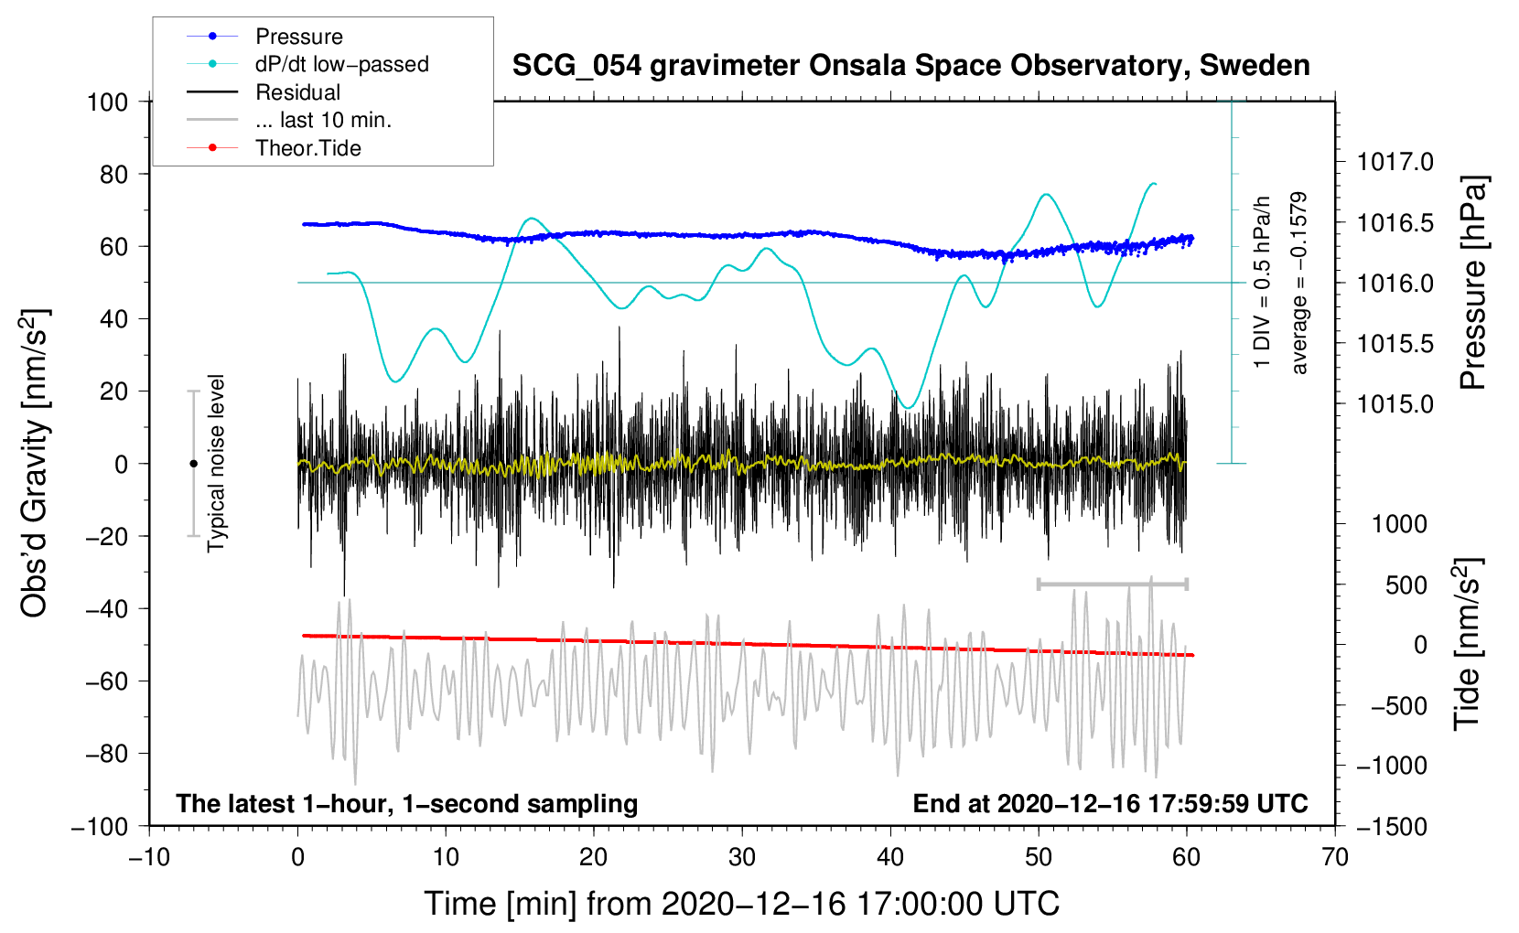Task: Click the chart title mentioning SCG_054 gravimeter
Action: point(910,66)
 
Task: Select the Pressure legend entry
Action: point(264,36)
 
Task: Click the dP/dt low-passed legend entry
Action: point(307,64)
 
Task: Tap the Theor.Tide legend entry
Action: point(274,148)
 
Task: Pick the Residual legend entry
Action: point(264,92)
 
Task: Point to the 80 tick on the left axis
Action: point(113,175)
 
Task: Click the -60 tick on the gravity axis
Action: point(106,681)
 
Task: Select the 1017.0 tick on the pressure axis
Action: point(1395,162)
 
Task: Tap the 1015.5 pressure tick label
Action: point(1395,344)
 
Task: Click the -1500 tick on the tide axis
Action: point(1392,827)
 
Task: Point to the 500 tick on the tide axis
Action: point(1406,585)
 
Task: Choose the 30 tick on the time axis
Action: point(742,858)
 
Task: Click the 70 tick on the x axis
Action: point(1334,858)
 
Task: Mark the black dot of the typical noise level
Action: point(193,464)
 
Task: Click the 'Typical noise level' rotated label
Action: point(216,464)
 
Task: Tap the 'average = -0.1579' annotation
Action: point(1298,283)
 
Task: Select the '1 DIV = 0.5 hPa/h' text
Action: point(1261,283)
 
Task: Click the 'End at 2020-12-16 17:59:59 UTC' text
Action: point(1110,803)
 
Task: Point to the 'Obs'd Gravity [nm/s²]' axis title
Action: point(34,464)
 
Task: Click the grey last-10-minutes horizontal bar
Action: point(1112,584)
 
